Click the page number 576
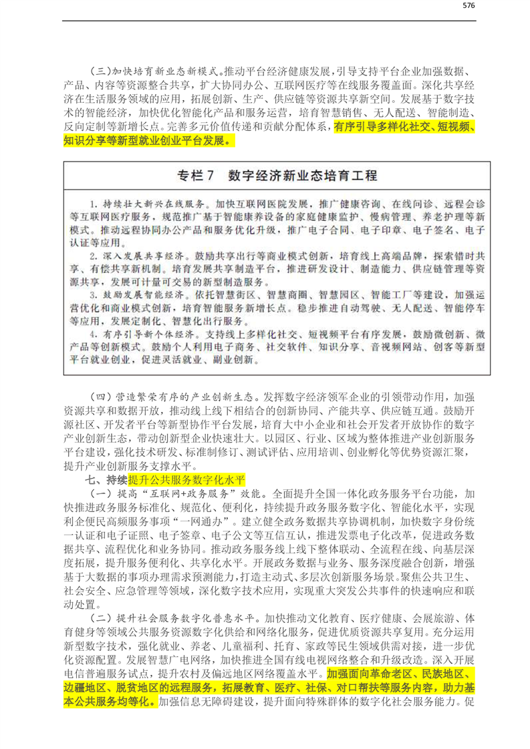pos(468,6)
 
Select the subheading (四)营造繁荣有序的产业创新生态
pos(173,396)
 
